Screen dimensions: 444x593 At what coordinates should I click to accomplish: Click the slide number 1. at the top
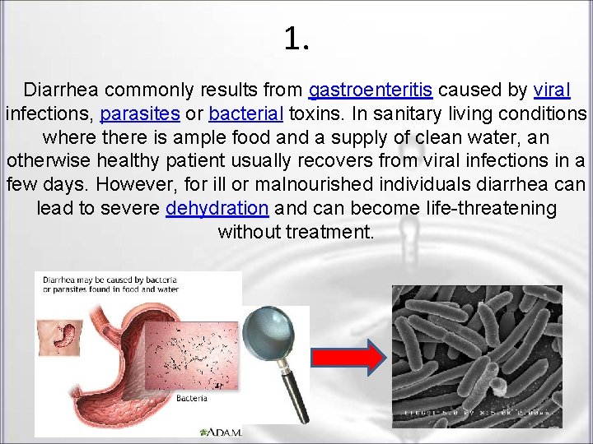pos(296,38)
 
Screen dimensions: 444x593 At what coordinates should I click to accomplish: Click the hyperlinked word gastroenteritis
pos(371,90)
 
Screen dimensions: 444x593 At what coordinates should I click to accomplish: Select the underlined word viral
pos(552,90)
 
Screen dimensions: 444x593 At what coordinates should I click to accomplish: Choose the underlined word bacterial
pos(245,113)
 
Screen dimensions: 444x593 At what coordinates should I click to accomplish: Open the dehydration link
pos(217,208)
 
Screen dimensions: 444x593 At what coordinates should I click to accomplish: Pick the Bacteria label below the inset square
pos(192,398)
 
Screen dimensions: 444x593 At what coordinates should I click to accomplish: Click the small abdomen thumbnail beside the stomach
pos(58,337)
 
